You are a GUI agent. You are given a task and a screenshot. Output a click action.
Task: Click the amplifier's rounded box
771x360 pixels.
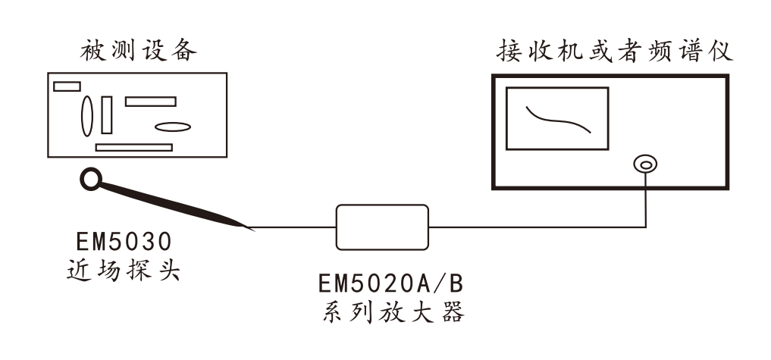(382, 227)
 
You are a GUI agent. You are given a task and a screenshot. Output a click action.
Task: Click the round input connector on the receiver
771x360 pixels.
(645, 164)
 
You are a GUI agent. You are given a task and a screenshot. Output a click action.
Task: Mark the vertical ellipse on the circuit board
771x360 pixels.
(87, 114)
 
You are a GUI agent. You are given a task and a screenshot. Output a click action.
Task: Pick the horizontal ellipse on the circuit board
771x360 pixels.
(172, 127)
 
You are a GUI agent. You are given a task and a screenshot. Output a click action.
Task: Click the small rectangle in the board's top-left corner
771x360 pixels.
(66, 86)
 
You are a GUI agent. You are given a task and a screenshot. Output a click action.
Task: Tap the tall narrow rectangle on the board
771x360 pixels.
(106, 114)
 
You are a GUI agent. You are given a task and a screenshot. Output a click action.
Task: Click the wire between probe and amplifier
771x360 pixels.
(296, 226)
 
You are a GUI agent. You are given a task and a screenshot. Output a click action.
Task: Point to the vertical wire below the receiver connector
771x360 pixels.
(645, 199)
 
